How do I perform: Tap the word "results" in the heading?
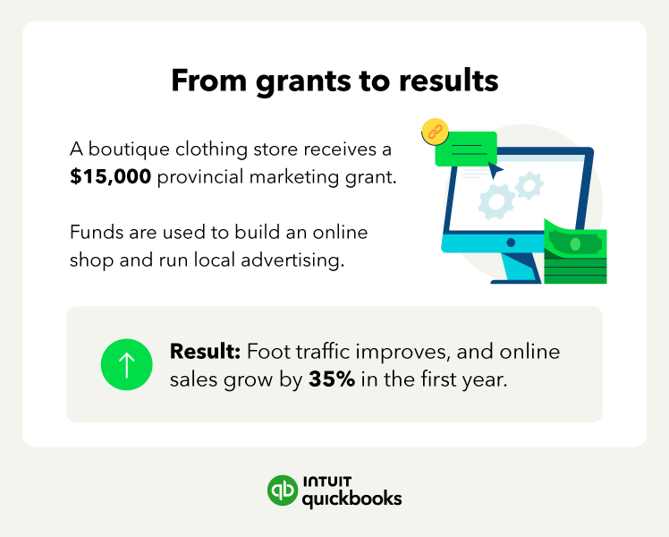(449, 81)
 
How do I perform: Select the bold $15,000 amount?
(111, 176)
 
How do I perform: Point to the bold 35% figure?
(332, 379)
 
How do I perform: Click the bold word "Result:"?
(205, 352)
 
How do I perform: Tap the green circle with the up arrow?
(127, 364)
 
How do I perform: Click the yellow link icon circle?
(435, 132)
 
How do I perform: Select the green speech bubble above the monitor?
(466, 149)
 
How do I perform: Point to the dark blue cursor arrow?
(495, 171)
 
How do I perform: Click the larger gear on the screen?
(496, 202)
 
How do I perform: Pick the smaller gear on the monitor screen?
(529, 185)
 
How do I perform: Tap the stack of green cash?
(575, 251)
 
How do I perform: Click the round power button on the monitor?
(511, 243)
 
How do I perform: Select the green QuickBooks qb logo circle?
(283, 490)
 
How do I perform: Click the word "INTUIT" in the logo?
(327, 482)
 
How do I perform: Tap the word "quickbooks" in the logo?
(352, 499)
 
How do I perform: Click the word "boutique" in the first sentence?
(129, 149)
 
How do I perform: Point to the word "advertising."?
(292, 260)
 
